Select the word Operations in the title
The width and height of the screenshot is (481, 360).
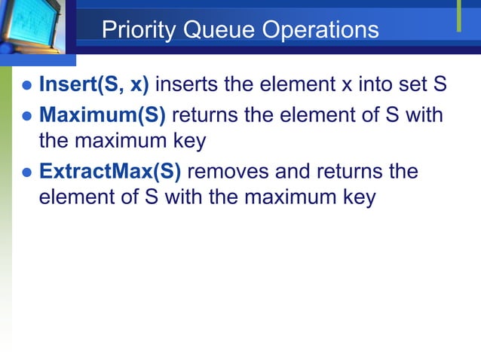click(320, 30)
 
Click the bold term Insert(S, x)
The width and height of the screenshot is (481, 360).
click(93, 84)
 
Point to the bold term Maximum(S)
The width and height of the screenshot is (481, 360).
click(103, 116)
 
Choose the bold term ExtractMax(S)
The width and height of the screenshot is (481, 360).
click(110, 172)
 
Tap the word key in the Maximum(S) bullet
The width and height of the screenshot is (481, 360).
click(188, 141)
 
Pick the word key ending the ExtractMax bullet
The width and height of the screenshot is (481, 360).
click(357, 197)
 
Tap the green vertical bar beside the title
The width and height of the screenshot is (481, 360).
click(458, 17)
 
